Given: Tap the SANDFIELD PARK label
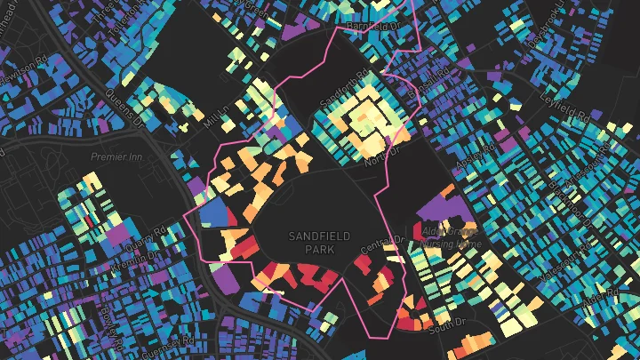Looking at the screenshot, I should pos(319,241).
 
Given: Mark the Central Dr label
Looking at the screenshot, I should pos(383,241).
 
